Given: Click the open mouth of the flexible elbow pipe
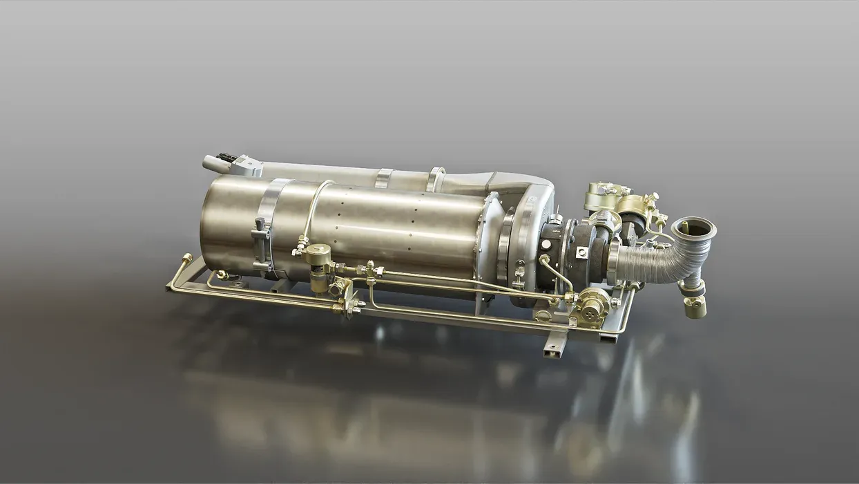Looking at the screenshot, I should coord(694,227).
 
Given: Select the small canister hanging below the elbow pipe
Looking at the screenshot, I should coord(695,307).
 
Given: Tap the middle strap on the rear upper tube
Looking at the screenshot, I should coord(383,178).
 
